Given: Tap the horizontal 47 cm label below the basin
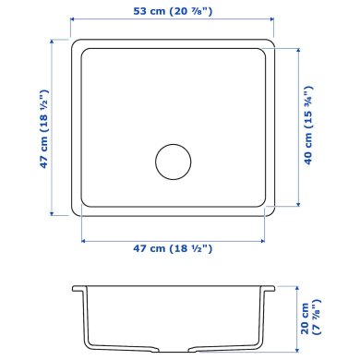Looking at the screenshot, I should (x=175, y=249).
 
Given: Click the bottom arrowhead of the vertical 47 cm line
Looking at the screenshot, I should (x=54, y=214).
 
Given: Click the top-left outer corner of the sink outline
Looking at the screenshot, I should (x=74, y=40).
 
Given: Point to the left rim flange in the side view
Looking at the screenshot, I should (x=78, y=288).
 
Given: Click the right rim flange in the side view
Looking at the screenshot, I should (x=272, y=288).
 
